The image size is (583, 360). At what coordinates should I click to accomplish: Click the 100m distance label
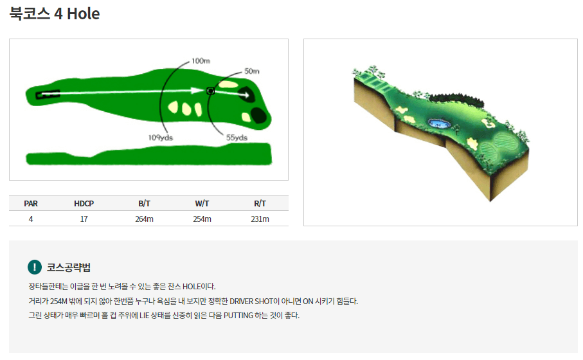click(x=201, y=60)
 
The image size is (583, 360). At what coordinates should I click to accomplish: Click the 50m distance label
click(x=252, y=71)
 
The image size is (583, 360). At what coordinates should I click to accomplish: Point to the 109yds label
click(x=161, y=138)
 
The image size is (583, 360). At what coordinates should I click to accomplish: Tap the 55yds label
click(x=237, y=138)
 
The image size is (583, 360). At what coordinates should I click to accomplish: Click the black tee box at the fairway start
click(x=48, y=94)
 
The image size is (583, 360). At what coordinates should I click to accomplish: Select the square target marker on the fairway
click(x=210, y=91)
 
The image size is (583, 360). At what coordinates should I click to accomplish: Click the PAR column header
click(x=31, y=203)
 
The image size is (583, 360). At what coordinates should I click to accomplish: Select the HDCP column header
click(x=84, y=203)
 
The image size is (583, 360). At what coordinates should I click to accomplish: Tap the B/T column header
click(x=144, y=203)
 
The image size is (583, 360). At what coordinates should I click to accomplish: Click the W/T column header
click(x=202, y=203)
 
